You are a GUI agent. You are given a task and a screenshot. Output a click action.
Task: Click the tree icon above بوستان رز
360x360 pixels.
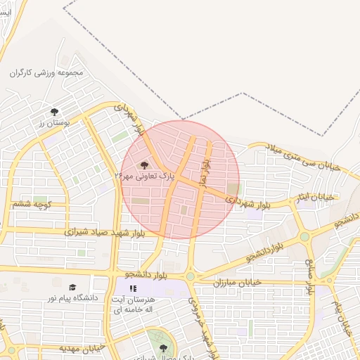(x=55, y=111)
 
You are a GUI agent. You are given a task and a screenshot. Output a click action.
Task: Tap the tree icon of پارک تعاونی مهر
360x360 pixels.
(x=145, y=165)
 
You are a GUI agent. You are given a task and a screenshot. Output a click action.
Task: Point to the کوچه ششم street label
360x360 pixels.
(x=32, y=204)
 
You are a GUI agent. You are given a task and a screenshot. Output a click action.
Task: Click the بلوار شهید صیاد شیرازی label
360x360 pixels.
(x=105, y=232)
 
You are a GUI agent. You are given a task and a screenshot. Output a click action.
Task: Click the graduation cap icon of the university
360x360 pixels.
(x=73, y=287)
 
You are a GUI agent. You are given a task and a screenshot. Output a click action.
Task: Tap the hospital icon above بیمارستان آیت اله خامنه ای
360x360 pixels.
(x=133, y=288)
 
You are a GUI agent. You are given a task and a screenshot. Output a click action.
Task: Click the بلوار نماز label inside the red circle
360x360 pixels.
(x=203, y=169)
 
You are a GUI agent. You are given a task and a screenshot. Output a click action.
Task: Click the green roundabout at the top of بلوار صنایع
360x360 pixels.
(x=304, y=237)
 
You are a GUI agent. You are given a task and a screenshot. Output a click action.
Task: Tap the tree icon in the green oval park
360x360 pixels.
(x=164, y=347)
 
